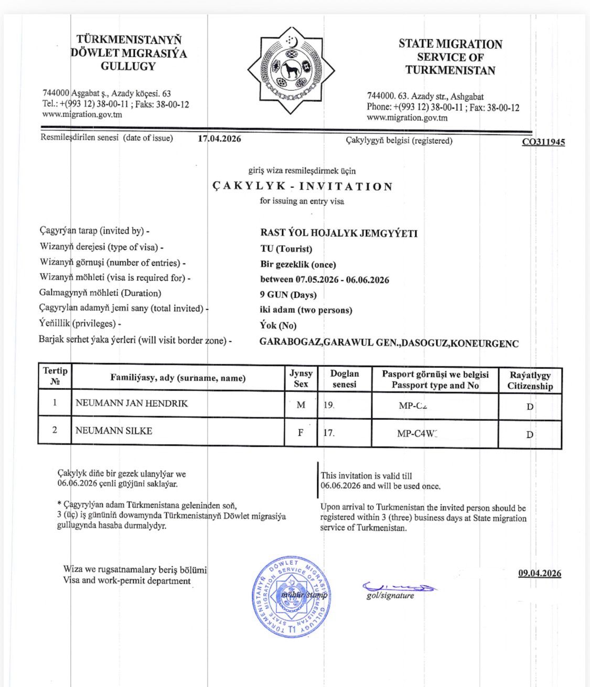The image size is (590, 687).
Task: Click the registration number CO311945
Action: pos(543,142)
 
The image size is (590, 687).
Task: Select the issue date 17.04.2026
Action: pos(219,139)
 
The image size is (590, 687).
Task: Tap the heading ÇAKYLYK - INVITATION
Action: pos(303,186)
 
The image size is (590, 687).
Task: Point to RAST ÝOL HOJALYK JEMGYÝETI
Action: pos(339,233)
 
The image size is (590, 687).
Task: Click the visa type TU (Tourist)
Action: pos(286,249)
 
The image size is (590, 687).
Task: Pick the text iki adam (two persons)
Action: pos(306,310)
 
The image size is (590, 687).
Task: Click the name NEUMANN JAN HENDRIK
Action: pos(132,404)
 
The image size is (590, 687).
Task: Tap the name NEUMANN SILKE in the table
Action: pos(114,431)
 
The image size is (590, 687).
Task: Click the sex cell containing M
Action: pos(301,405)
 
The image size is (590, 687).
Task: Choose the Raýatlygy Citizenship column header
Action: pos(530,381)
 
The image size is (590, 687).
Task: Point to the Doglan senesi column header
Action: pos(345,379)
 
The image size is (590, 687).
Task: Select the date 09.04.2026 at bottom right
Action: pos(540,573)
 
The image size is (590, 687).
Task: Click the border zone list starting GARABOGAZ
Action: pos(389,343)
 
